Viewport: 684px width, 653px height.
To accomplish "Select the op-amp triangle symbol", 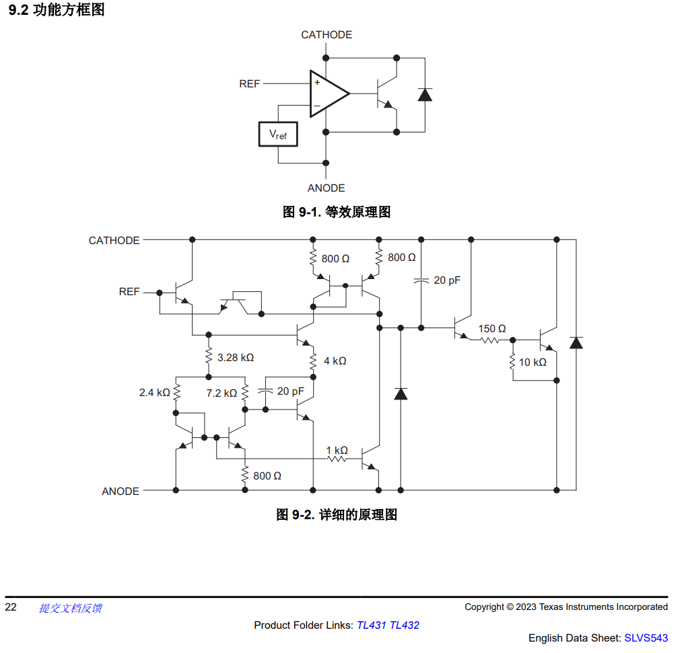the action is click(329, 93).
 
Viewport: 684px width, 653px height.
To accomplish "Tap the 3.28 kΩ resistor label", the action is click(236, 358).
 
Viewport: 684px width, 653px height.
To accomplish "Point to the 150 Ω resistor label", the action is click(492, 328).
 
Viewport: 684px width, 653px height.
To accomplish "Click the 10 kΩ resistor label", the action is click(533, 362).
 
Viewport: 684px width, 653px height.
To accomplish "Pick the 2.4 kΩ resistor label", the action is click(154, 393).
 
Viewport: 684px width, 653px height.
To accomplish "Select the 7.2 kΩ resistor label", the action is click(221, 393).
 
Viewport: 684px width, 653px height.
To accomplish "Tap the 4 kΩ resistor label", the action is click(335, 360).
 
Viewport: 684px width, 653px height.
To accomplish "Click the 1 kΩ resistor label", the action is click(337, 450).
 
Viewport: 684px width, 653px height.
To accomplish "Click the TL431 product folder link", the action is click(372, 625).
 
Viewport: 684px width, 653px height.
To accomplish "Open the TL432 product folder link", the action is click(405, 625).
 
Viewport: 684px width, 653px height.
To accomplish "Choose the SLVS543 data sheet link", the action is click(646, 638).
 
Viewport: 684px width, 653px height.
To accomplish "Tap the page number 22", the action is click(11, 607).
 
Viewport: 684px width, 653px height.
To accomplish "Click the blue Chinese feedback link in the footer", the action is click(70, 608).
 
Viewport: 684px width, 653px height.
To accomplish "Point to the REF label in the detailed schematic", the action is click(129, 291).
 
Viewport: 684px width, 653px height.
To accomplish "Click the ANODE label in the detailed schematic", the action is click(121, 492).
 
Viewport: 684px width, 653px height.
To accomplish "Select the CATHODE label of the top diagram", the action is click(327, 35).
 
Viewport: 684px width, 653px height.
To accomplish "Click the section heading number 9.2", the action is click(18, 9).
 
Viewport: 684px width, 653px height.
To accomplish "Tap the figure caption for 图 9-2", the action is click(337, 514).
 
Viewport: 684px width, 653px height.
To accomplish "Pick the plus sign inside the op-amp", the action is click(317, 82).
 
